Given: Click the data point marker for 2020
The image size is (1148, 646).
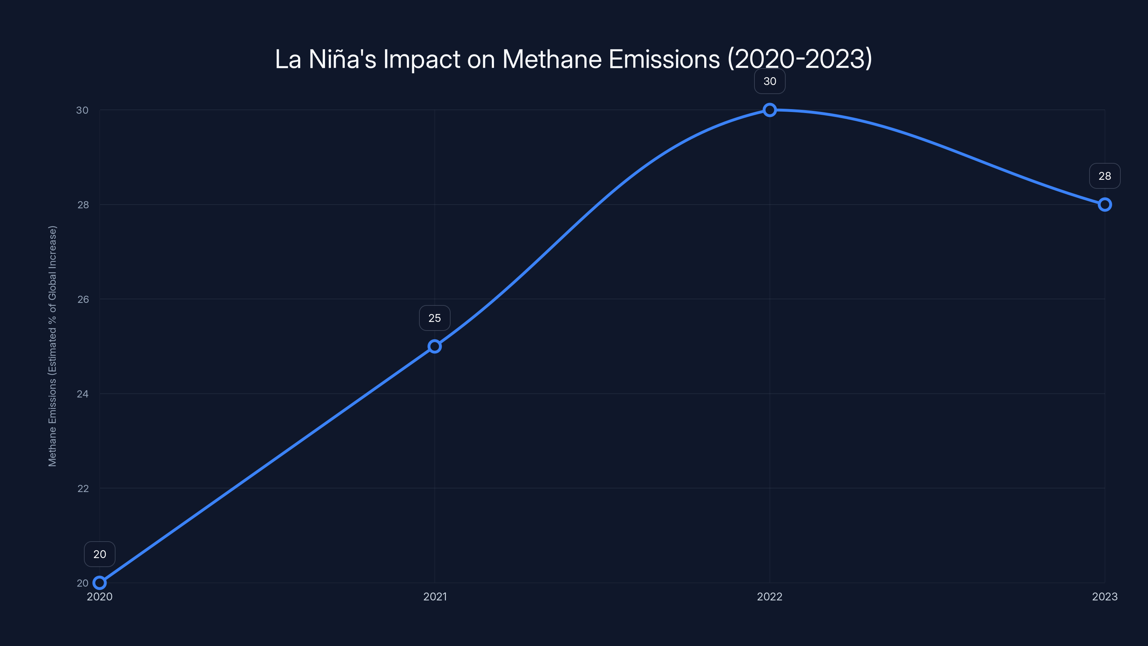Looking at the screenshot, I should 99,583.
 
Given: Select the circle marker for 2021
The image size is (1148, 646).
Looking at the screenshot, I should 434,346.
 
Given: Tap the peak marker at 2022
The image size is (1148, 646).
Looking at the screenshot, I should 770,110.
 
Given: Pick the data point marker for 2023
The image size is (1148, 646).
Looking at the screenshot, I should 1105,205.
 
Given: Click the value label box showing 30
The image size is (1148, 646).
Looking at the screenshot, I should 770,81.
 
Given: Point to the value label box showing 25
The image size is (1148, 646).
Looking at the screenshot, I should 434,318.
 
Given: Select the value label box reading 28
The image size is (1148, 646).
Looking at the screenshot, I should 1105,176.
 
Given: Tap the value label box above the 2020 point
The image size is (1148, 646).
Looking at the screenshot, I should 99,554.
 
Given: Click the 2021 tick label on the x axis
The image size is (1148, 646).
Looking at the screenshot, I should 434,596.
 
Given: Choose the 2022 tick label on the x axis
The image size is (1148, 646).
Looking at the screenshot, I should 770,596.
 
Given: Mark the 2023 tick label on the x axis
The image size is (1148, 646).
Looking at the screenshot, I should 1105,596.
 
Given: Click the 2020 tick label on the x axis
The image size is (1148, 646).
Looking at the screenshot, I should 99,596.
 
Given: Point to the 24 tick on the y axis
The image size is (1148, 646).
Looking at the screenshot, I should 83,394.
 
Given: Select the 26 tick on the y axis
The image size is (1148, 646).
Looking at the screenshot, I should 83,299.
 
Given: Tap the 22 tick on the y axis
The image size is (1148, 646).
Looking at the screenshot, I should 83,488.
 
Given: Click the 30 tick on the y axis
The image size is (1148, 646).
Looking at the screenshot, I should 83,110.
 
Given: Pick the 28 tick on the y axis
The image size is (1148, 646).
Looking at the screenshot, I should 83,205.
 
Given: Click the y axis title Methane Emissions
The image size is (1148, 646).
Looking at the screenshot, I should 53,346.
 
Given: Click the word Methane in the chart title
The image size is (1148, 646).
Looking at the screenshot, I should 552,59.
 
